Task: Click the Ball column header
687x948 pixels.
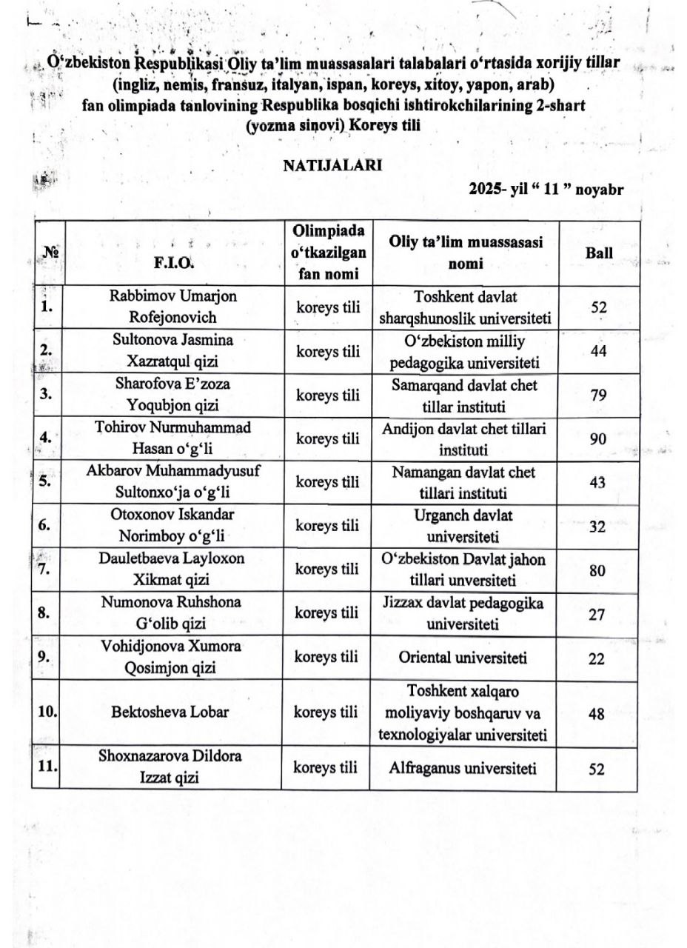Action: pos(599,253)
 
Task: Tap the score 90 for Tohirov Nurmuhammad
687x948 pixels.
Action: pos(598,439)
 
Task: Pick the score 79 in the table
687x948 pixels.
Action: pos(598,395)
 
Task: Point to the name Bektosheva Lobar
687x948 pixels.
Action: pos(172,713)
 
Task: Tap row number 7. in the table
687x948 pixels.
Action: pos(46,570)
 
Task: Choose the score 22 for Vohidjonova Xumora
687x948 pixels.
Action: pos(597,658)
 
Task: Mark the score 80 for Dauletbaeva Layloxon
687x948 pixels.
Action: pos(598,570)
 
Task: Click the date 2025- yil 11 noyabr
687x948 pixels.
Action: pos(546,189)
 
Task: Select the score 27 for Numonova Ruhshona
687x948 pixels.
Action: pos(597,613)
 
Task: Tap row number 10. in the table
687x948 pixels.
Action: pos(48,713)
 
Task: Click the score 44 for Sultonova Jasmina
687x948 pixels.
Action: pos(598,352)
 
